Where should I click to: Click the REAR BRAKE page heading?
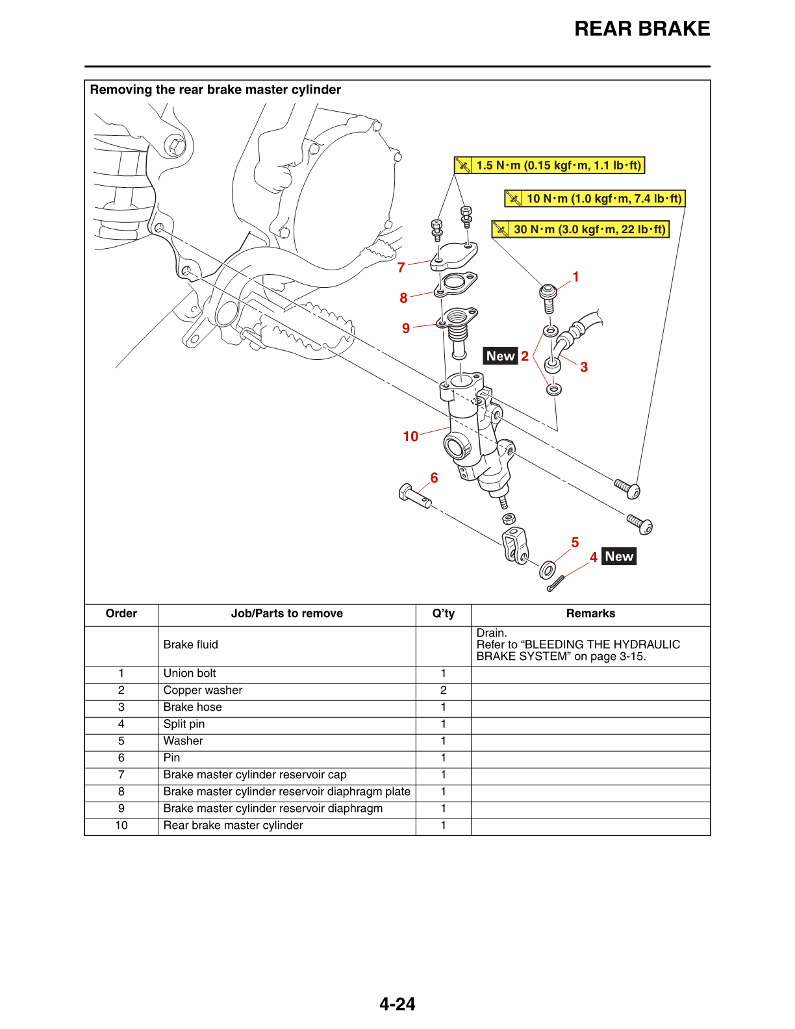click(642, 29)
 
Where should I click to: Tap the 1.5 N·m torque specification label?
click(549, 166)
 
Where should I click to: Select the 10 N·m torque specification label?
click(595, 199)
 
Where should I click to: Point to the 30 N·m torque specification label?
click(581, 229)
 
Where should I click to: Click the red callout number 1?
click(575, 277)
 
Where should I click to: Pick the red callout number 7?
click(401, 268)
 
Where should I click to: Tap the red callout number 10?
click(410, 437)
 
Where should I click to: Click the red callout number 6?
click(434, 478)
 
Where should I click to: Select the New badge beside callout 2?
click(501, 356)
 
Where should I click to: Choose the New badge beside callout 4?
click(619, 557)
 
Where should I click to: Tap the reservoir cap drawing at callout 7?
click(454, 255)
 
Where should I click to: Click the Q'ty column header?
click(444, 614)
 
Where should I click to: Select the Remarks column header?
click(590, 614)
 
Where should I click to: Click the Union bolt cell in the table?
click(190, 674)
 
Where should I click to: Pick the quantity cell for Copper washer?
click(444, 691)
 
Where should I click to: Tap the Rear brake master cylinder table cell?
click(233, 826)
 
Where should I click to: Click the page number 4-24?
click(397, 1004)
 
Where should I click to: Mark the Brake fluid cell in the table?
click(191, 645)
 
